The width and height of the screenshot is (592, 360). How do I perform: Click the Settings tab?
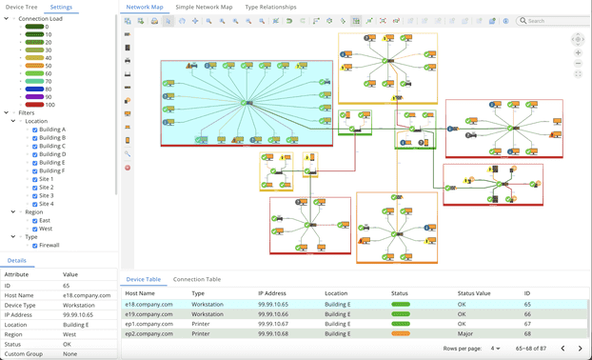pyautogui.click(x=61, y=7)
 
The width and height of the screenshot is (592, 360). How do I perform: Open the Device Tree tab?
pyautogui.click(x=22, y=7)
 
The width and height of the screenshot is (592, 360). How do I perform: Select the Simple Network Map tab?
pyautogui.click(x=204, y=7)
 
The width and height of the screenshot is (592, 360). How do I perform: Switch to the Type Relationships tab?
pyautogui.click(x=271, y=7)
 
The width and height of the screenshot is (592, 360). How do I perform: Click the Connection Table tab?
pyautogui.click(x=197, y=279)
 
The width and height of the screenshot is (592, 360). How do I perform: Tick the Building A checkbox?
pyautogui.click(x=35, y=130)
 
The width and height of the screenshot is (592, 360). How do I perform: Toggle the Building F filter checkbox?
pyautogui.click(x=35, y=170)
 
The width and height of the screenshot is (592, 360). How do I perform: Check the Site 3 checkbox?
pyautogui.click(x=35, y=195)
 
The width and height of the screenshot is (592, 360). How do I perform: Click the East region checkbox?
pyautogui.click(x=35, y=221)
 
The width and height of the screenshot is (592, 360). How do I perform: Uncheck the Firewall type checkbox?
pyautogui.click(x=35, y=245)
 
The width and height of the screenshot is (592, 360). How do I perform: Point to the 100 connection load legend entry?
pyautogui.click(x=34, y=105)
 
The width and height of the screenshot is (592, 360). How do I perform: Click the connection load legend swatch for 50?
pyautogui.click(x=34, y=66)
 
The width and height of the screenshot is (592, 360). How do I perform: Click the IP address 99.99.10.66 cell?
pyautogui.click(x=275, y=314)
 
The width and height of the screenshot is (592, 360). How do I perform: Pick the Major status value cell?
pyautogui.click(x=465, y=333)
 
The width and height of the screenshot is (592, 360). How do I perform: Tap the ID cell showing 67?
pyautogui.click(x=527, y=324)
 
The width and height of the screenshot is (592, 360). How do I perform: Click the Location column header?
pyautogui.click(x=336, y=293)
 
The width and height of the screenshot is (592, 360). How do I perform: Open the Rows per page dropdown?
pyautogui.click(x=495, y=349)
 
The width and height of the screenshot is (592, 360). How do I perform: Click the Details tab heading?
pyautogui.click(x=17, y=260)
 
